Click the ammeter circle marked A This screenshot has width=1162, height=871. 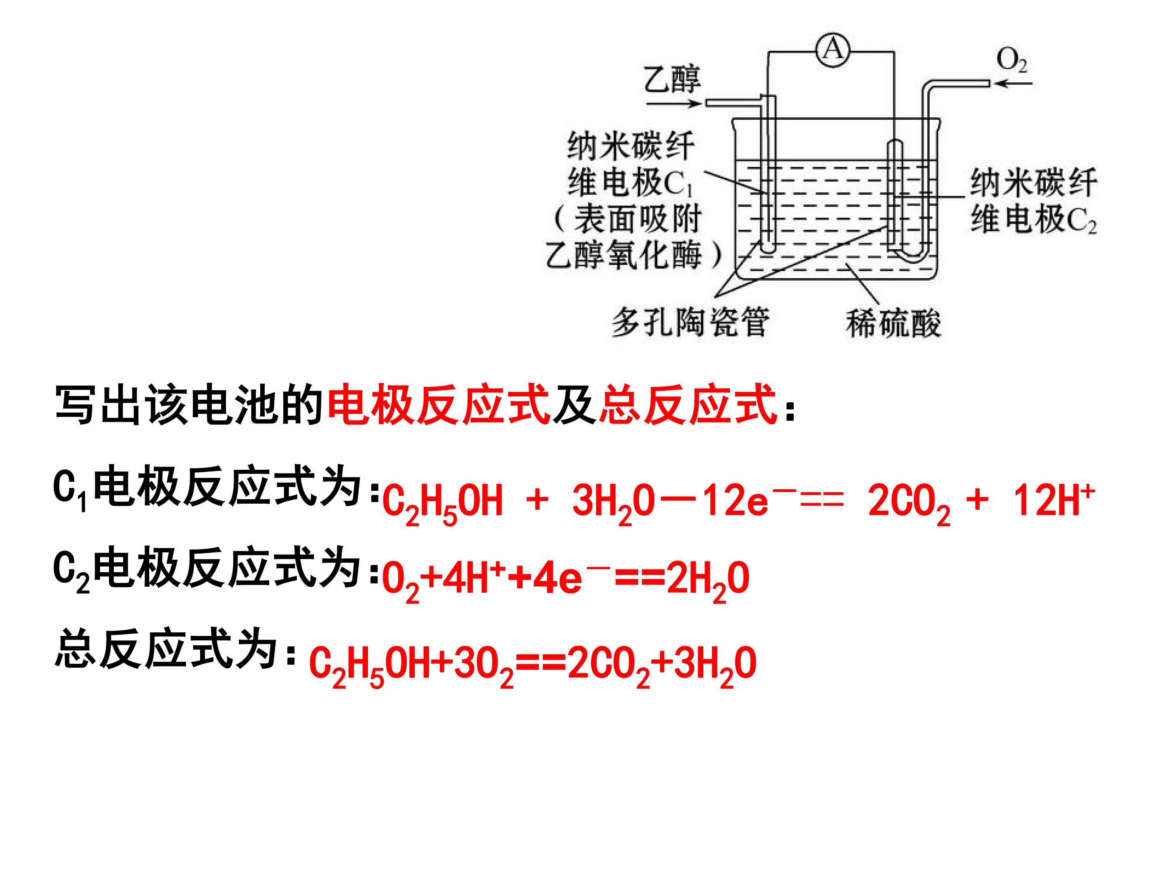pyautogui.click(x=833, y=51)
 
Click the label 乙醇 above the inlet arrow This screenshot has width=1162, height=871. pyautogui.click(x=673, y=80)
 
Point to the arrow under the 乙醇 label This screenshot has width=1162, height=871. pyautogui.click(x=673, y=103)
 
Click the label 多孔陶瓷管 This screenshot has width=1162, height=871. pyautogui.click(x=691, y=321)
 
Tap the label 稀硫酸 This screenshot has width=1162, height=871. pyautogui.click(x=893, y=322)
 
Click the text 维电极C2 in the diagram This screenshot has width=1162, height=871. pyautogui.click(x=1033, y=219)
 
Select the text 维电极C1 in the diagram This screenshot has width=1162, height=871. pyautogui.click(x=630, y=183)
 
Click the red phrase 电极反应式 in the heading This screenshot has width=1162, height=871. pyautogui.click(x=439, y=404)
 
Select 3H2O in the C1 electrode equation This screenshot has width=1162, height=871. pyautogui.click(x=614, y=503)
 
